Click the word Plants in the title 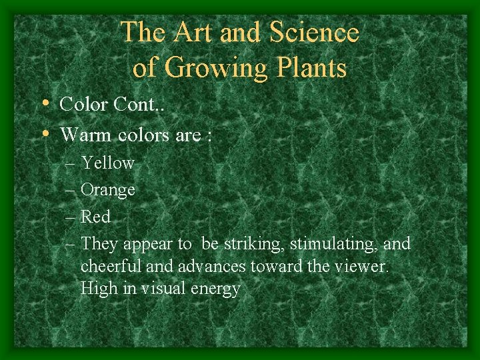tap(309, 68)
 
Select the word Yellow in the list tap(107, 163)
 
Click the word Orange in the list tap(107, 191)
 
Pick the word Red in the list tap(95, 217)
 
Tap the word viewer tap(365, 267)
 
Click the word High tap(97, 289)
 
